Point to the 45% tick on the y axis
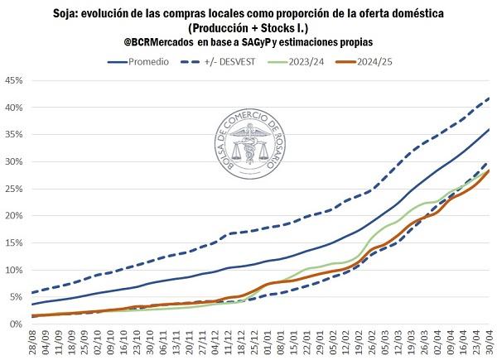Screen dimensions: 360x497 13,80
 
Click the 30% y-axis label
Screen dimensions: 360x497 13,161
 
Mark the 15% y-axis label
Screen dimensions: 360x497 13,242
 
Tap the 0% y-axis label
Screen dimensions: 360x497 16,324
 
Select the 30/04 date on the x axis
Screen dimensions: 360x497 490,341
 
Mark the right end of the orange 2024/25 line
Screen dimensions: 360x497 489,170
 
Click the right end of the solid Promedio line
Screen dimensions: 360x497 489,129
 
